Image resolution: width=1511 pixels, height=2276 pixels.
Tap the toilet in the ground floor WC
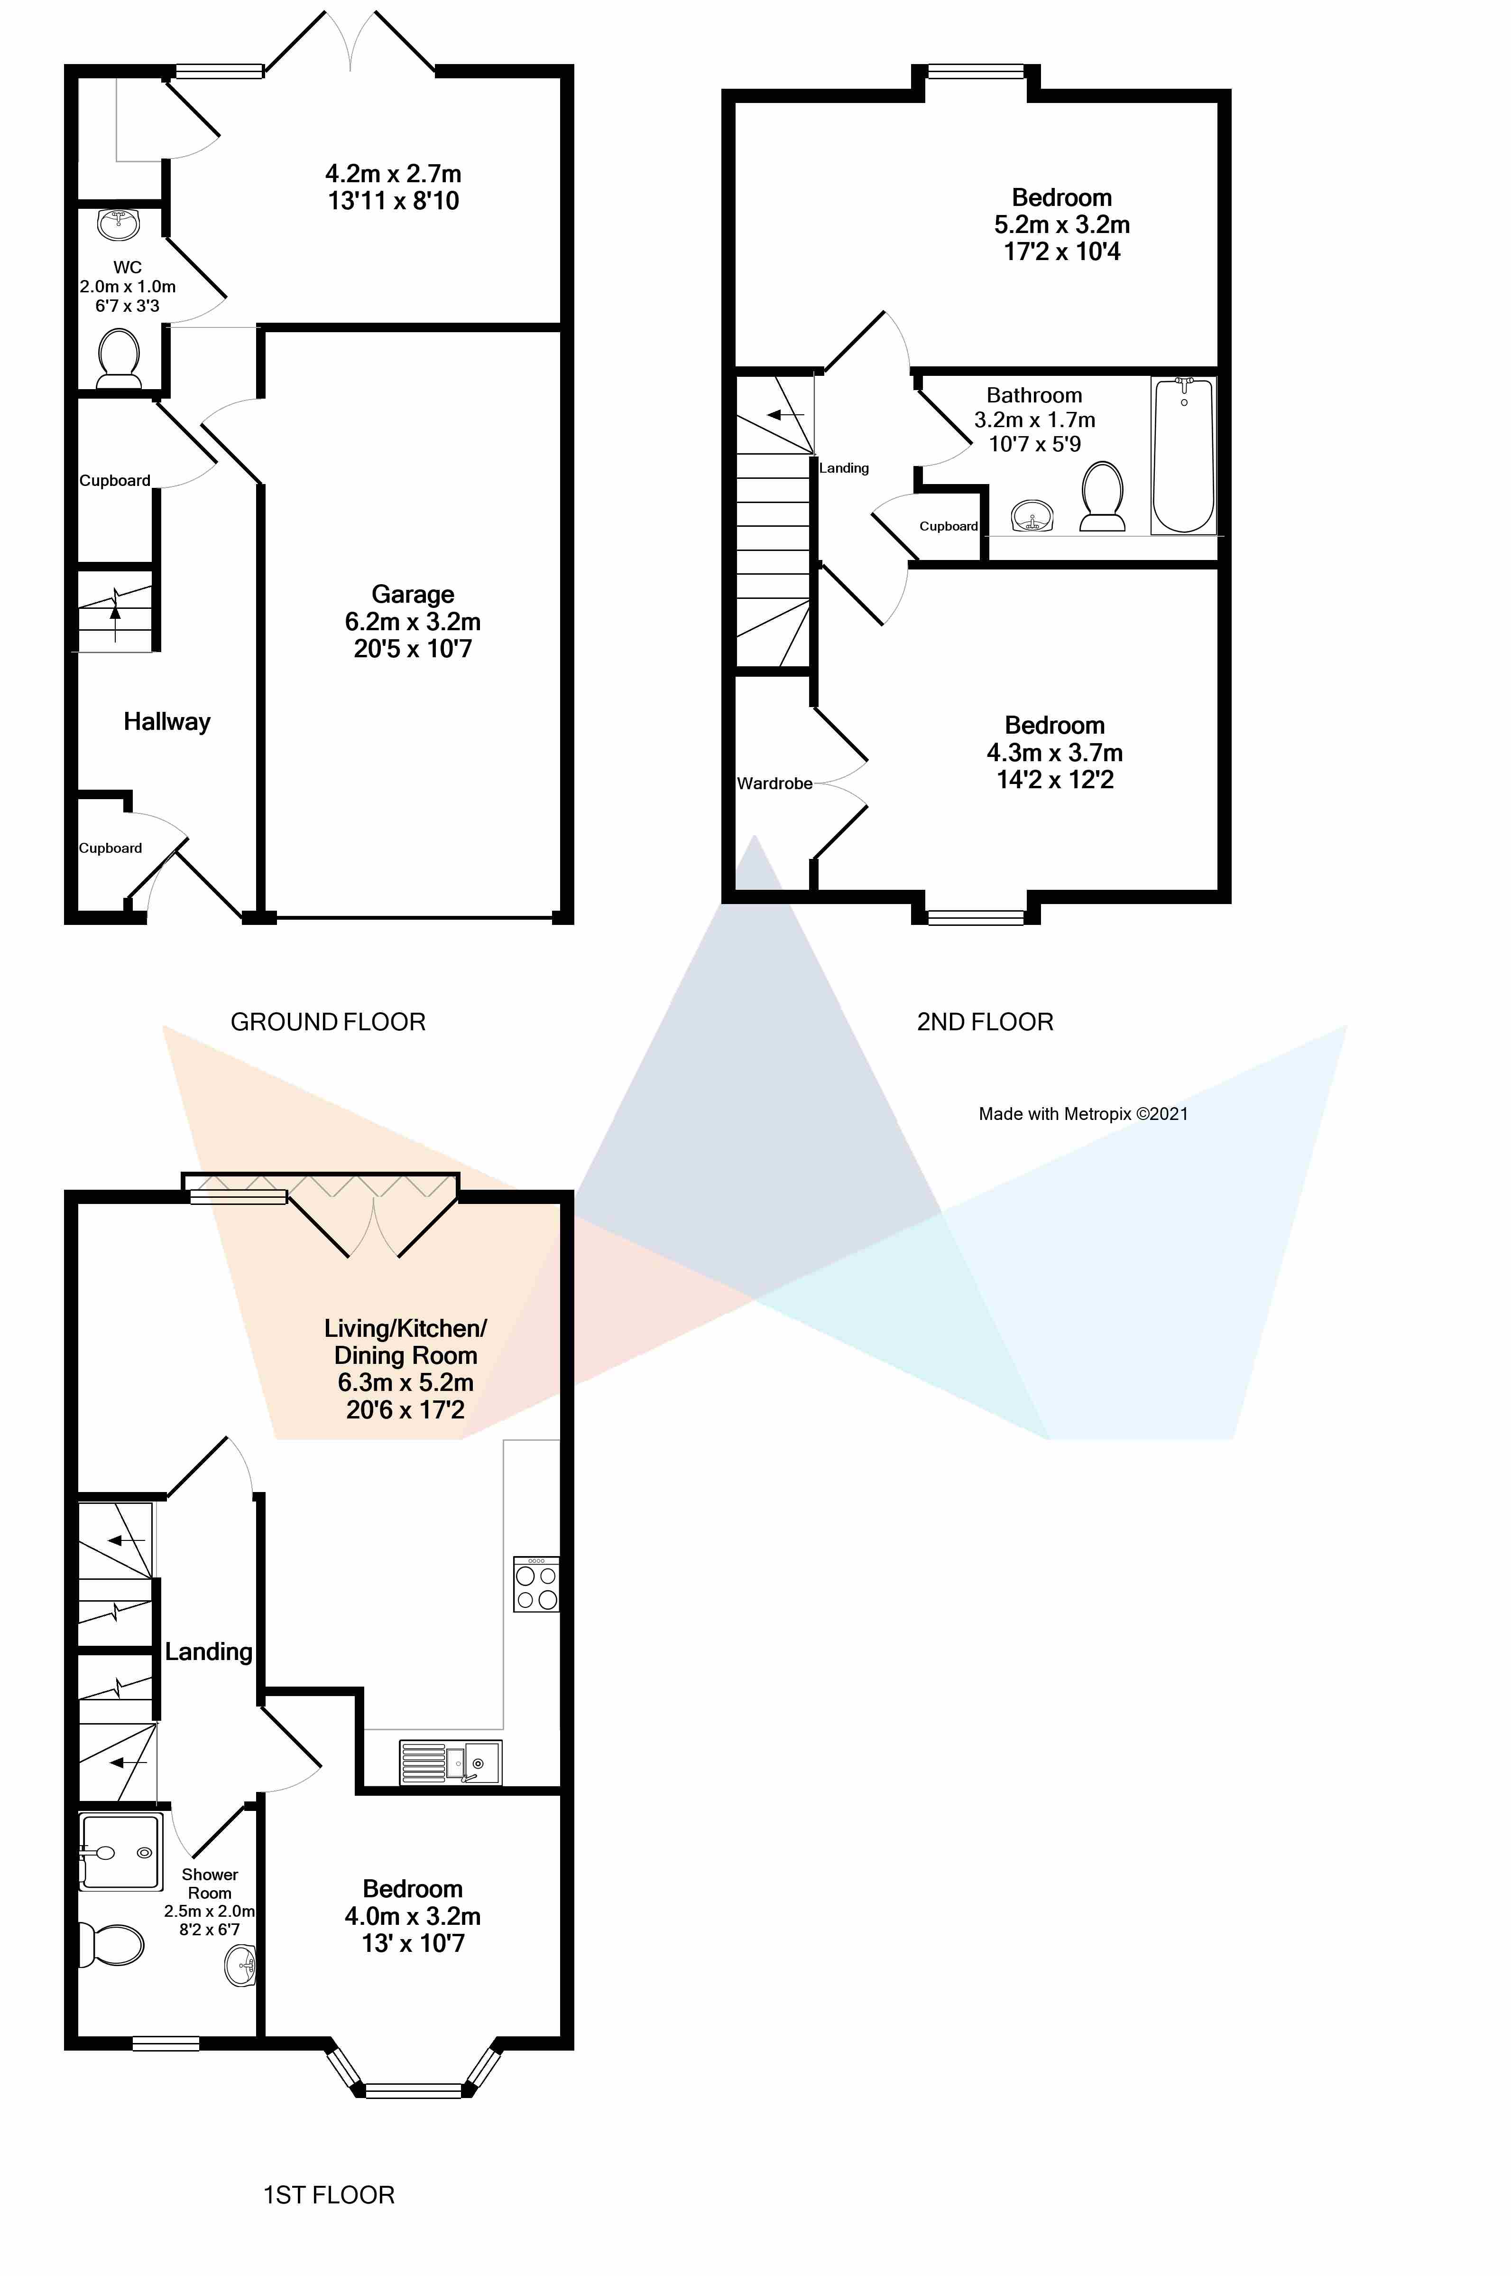pos(120,359)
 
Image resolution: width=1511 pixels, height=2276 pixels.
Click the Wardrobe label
pos(775,784)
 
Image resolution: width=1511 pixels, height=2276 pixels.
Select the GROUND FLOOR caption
pos(328,1022)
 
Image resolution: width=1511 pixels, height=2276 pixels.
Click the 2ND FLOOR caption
pos(985,1022)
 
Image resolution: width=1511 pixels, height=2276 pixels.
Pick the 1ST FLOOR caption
pos(329,2195)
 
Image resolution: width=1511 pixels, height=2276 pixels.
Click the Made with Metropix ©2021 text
pos(1083,1113)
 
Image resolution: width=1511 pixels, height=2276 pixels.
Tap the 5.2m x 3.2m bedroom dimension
pos(1062,224)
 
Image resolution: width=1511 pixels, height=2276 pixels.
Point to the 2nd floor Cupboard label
pos(948,526)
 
